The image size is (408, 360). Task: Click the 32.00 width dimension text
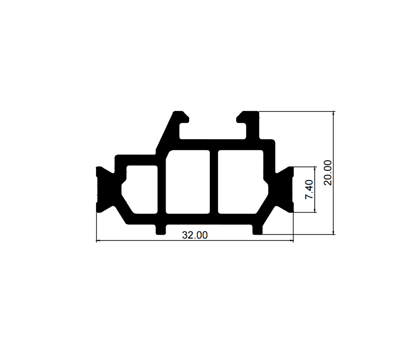[195, 235]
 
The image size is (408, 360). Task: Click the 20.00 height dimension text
[328, 173]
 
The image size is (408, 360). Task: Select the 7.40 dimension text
[309, 190]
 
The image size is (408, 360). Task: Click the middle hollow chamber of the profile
[188, 182]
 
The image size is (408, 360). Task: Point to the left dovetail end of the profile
[105, 190]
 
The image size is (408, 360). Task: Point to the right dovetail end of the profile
[285, 190]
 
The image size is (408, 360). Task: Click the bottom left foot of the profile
[160, 229]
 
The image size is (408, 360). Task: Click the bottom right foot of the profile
[257, 229]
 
